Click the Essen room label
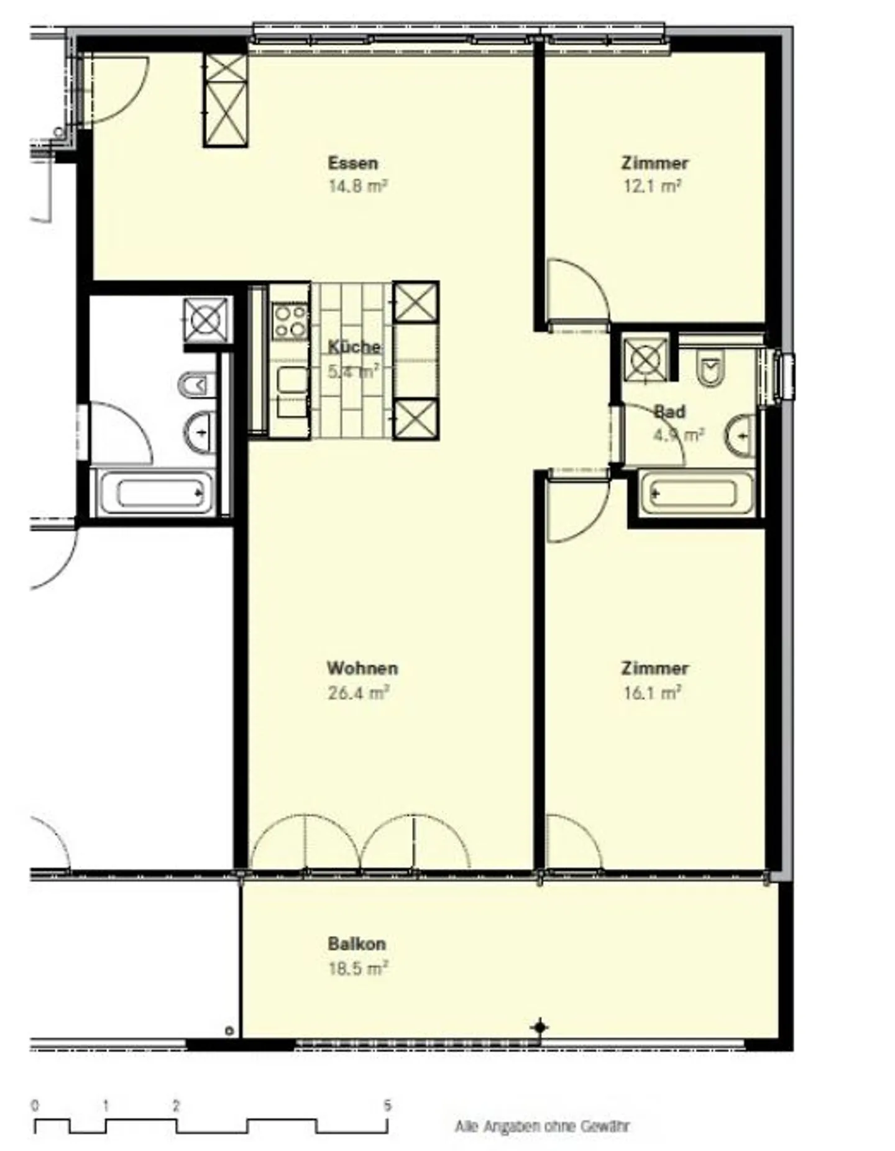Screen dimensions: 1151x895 (x=352, y=163)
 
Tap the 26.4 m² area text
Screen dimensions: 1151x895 (x=358, y=692)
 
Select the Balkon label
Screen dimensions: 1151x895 (x=357, y=944)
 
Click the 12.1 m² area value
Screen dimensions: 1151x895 (x=652, y=186)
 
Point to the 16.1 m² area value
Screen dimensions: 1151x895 (x=652, y=692)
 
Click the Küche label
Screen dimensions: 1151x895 (x=354, y=347)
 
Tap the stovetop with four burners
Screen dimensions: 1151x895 (x=290, y=321)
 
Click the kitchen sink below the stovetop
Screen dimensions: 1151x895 (x=292, y=380)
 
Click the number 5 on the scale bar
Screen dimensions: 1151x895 (x=387, y=1106)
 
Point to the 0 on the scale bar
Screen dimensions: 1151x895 (x=35, y=1106)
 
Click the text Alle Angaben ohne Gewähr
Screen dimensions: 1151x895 (x=542, y=1126)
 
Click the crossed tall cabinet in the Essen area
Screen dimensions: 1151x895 (x=226, y=100)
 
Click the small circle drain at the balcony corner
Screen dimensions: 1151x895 (x=229, y=1031)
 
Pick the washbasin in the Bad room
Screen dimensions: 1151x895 (x=740, y=435)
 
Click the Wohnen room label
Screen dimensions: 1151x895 (x=362, y=669)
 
